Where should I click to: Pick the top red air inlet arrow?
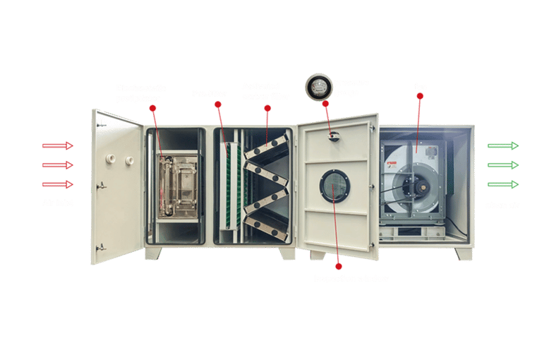click(x=58, y=146)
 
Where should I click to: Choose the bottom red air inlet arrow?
click(x=58, y=184)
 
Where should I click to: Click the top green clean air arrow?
click(x=502, y=146)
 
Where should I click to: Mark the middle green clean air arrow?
click(x=502, y=165)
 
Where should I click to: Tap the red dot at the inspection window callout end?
click(x=338, y=266)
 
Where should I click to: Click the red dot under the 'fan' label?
click(x=420, y=100)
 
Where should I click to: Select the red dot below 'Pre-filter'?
click(x=217, y=105)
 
